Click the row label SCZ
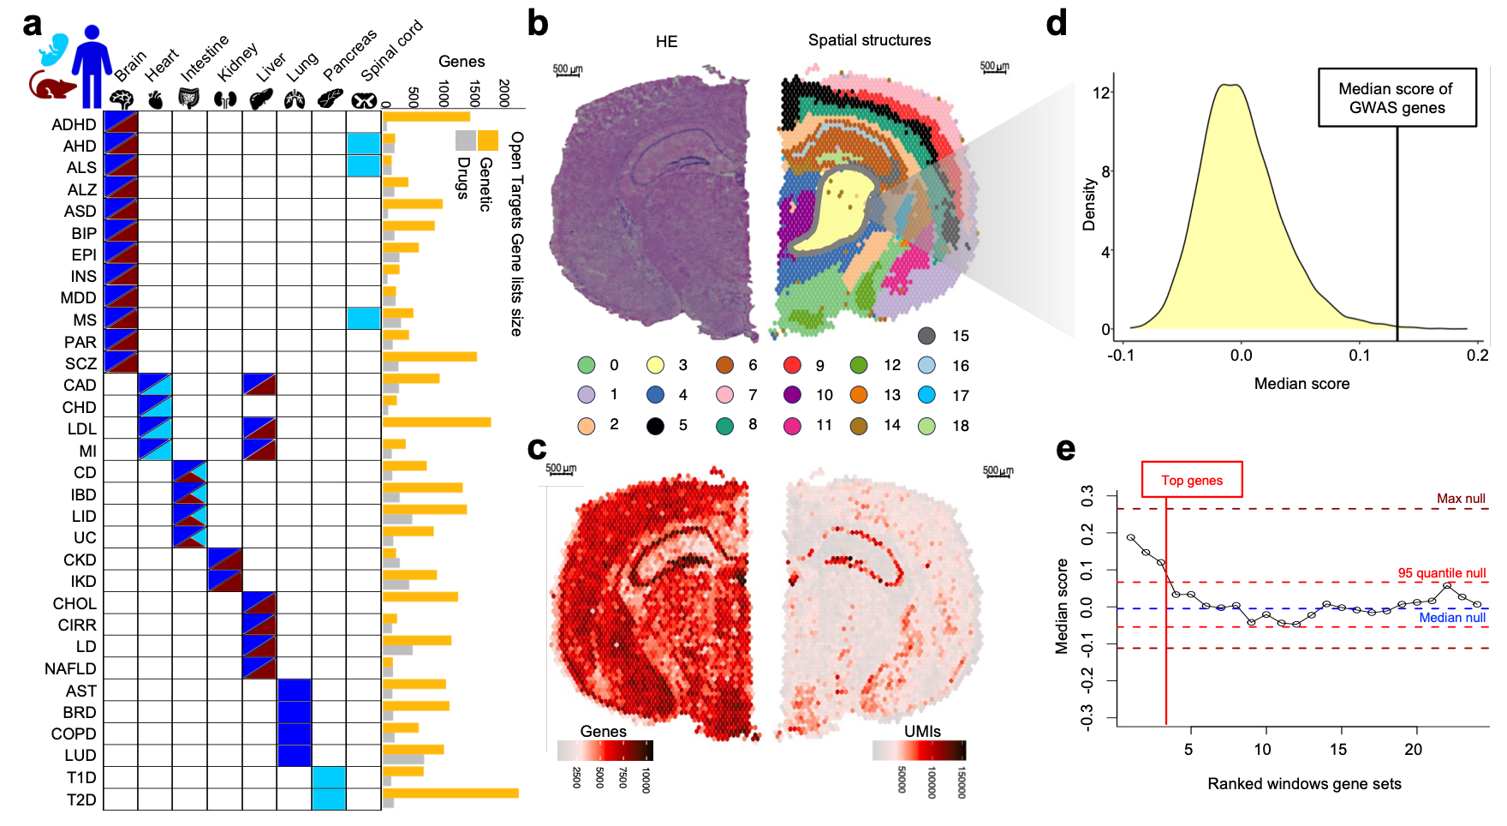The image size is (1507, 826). coord(80,363)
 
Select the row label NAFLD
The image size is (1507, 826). coord(70,668)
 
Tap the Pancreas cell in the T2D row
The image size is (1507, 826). coord(329,799)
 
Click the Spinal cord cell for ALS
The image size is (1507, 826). coord(364,166)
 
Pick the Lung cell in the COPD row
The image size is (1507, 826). coord(294,733)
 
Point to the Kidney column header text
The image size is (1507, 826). coord(237,62)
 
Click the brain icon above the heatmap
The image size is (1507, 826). coord(122,99)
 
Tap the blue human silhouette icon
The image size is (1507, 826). coord(92,64)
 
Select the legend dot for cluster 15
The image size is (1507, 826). coord(926,336)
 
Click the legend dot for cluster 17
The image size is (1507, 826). coord(926,395)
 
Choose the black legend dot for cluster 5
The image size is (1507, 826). coord(655,426)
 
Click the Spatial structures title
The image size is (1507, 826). coord(869,40)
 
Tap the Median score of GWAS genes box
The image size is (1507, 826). coord(1396,98)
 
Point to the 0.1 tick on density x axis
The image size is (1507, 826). coord(1360,355)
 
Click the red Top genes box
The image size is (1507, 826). coord(1191,480)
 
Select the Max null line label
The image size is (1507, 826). coord(1461,499)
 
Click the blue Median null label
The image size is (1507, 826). coord(1451,618)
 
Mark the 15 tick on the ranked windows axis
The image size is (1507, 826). coord(1338,750)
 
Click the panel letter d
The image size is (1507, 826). coord(1057,23)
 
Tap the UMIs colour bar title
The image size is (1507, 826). coord(922,731)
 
